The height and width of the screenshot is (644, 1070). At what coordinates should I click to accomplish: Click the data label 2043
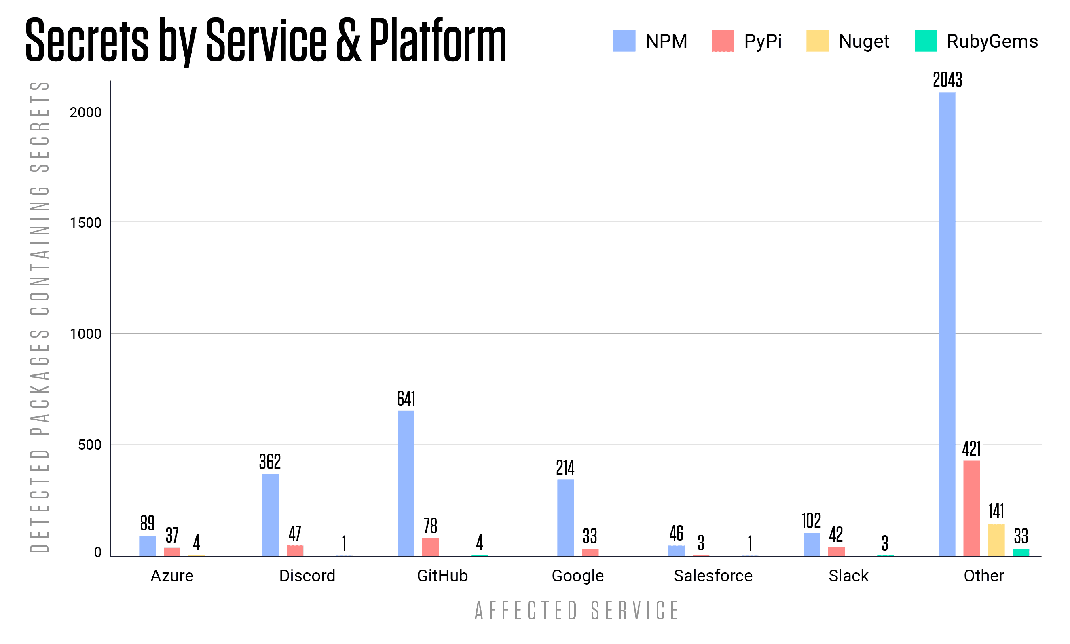[947, 80]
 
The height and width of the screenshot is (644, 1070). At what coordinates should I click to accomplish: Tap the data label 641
[406, 398]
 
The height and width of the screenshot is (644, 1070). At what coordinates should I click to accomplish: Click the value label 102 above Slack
[811, 521]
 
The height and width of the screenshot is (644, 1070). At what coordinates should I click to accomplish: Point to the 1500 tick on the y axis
[85, 223]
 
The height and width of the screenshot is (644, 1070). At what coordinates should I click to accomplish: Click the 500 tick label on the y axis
[89, 445]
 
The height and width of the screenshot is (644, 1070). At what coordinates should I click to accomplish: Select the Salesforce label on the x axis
[713, 576]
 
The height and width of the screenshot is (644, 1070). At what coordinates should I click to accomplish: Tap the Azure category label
[172, 576]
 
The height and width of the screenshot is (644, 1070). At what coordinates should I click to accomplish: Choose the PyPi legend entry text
[762, 41]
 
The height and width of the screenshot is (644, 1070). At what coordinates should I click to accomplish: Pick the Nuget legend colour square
[817, 41]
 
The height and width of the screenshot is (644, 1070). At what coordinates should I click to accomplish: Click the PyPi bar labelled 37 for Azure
[172, 551]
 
